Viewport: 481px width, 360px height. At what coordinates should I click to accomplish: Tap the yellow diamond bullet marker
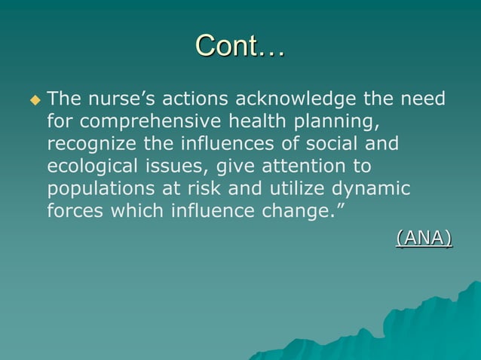point(32,99)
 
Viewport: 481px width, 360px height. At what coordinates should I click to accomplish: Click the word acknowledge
point(296,99)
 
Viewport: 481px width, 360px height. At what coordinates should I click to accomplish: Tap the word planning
point(332,121)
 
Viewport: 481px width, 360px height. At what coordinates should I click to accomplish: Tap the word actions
point(197,99)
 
